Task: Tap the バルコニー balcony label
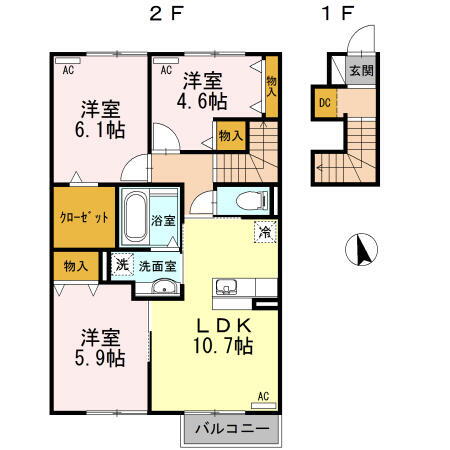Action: pyautogui.click(x=230, y=428)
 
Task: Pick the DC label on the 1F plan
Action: pyautogui.click(x=324, y=101)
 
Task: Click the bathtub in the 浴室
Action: pyautogui.click(x=134, y=217)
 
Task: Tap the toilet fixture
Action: pyautogui.click(x=235, y=201)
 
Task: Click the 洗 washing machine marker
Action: pyautogui.click(x=120, y=265)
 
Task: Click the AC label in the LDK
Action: pyautogui.click(x=264, y=396)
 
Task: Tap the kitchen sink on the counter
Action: pyautogui.click(x=225, y=288)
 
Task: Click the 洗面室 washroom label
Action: pyautogui.click(x=157, y=266)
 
